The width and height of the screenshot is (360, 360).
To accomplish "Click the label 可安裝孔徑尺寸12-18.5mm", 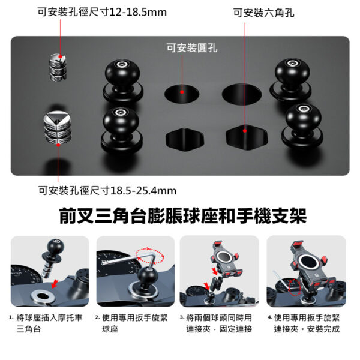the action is tap(102, 12).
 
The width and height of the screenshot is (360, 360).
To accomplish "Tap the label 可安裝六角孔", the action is tap(264, 13).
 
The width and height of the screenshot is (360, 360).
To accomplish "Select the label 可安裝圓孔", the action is tap(192, 48).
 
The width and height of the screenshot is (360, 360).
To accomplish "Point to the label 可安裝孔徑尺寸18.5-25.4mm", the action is tap(107, 191).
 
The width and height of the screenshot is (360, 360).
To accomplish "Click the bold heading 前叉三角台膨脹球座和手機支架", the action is tap(183, 216).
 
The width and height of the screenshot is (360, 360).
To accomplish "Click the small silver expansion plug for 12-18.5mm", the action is tap(58, 67).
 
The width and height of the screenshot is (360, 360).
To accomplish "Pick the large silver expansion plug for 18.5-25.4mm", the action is tap(58, 127).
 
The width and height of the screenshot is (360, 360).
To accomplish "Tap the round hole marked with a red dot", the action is tap(182, 93).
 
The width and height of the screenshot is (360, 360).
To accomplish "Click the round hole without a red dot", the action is tap(242, 94).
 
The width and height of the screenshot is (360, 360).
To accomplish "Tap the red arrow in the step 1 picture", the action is tap(55, 284).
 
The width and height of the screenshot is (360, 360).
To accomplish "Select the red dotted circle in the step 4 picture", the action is tap(295, 287).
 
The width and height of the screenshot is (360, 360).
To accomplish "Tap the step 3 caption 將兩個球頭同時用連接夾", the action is tap(219, 323).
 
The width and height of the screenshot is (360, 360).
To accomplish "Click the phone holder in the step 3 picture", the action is tap(226, 261).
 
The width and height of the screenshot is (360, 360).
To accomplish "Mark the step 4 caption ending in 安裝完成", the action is tap(307, 323).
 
